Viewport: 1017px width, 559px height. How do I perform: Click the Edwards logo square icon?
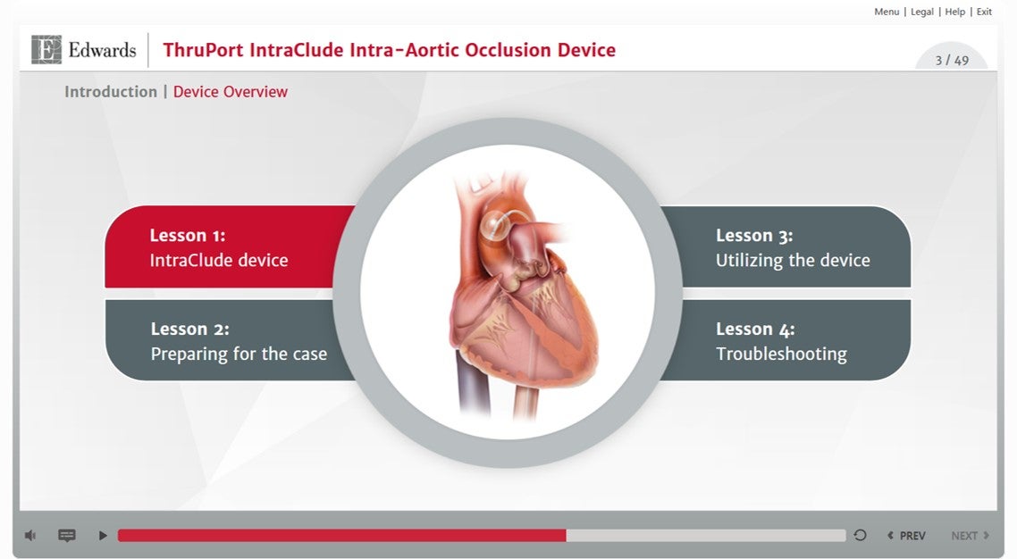tap(46, 50)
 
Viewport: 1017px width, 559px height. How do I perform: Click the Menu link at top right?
tap(887, 12)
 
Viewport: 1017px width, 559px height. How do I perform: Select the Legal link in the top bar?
tap(922, 12)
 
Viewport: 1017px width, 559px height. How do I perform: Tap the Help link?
tap(955, 12)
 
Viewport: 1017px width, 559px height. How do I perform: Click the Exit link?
tap(984, 12)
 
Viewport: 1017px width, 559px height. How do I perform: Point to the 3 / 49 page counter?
tap(952, 61)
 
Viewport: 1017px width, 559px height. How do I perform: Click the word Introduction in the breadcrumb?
tap(111, 92)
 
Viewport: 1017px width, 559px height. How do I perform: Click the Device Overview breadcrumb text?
tap(231, 92)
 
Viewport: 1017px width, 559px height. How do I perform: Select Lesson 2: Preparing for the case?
tap(238, 341)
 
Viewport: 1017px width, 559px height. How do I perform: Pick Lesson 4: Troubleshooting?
tap(781, 341)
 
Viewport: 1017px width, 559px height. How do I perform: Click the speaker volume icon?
tap(30, 536)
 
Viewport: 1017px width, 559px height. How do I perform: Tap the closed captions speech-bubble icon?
tap(67, 536)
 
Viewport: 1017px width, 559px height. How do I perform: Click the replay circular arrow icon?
tap(860, 536)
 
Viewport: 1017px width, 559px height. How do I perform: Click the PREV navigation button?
tap(906, 536)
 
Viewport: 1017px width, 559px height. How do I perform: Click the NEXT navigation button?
tap(970, 536)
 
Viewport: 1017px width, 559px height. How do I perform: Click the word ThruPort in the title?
tap(201, 50)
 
